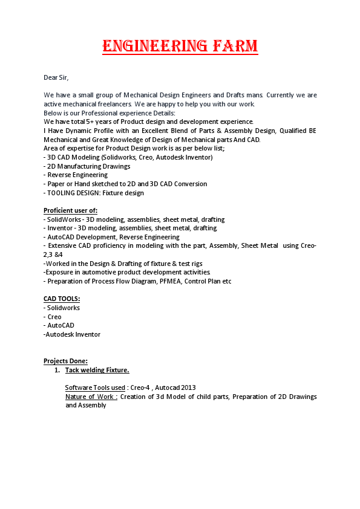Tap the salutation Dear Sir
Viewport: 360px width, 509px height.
(56, 77)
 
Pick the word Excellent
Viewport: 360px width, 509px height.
(158, 131)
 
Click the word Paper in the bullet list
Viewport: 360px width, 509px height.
(56, 184)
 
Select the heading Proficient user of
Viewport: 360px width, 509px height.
(71, 210)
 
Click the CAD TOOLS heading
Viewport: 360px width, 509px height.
(62, 299)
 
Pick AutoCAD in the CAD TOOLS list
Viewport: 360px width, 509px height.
(61, 325)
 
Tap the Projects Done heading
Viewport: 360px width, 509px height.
(65, 361)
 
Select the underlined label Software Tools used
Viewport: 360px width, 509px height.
(95, 387)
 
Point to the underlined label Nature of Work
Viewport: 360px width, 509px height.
(91, 397)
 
